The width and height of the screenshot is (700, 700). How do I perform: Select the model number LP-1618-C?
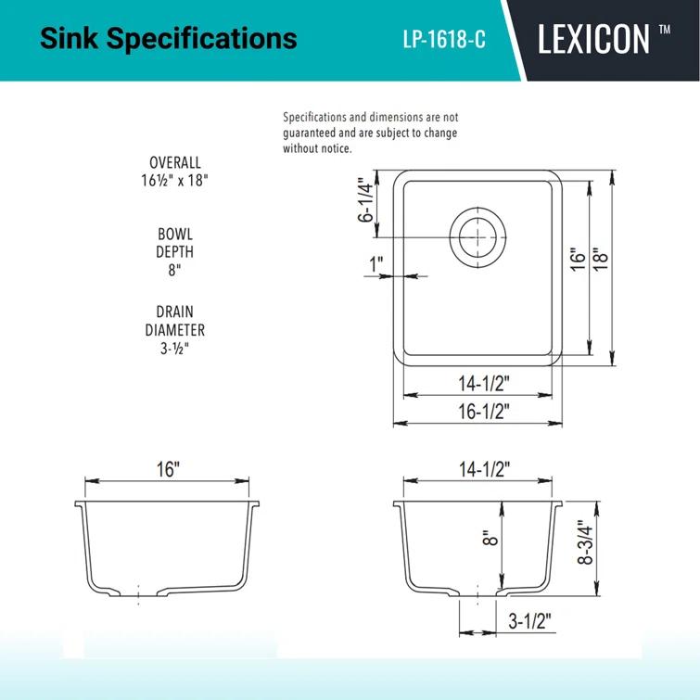[444, 41]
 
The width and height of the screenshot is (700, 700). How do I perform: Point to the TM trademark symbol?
[664, 30]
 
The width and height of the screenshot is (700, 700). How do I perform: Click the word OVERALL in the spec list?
[174, 163]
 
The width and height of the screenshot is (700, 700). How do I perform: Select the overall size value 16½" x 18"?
[174, 181]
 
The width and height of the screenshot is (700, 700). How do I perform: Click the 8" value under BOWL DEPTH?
[174, 269]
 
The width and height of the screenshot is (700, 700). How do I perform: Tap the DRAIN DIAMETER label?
[174, 321]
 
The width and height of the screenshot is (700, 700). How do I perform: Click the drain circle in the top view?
[478, 236]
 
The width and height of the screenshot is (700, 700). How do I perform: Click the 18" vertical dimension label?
[600, 261]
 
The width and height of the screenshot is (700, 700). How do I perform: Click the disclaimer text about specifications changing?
[370, 133]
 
